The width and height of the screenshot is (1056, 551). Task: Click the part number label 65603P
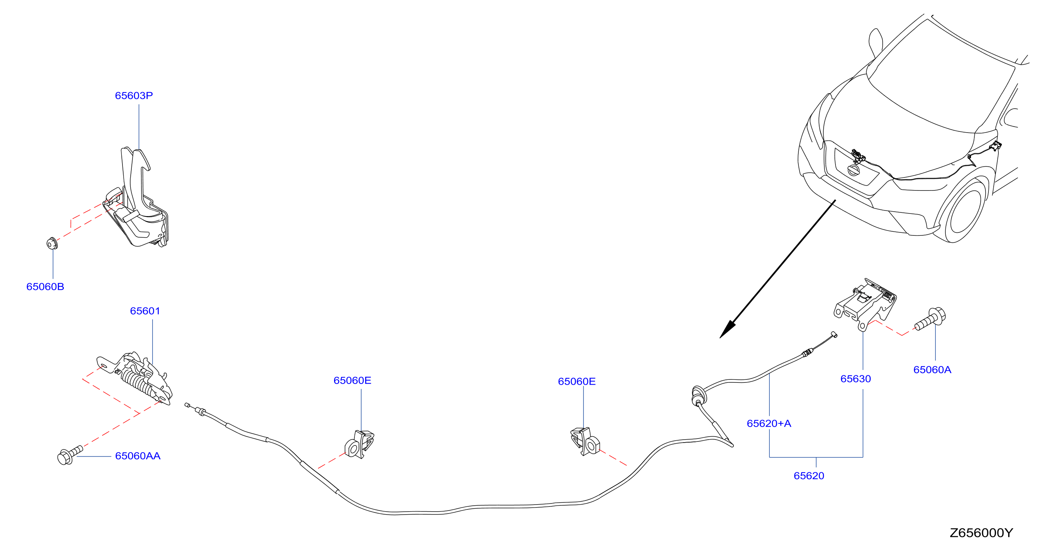tap(134, 95)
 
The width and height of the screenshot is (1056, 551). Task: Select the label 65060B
tap(45, 287)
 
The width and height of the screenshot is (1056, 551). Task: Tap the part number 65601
tap(145, 311)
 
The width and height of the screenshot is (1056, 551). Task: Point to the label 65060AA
tap(138, 456)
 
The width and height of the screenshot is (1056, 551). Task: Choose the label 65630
tap(856, 379)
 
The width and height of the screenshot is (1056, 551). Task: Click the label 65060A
tap(932, 370)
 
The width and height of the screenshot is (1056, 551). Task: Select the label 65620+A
tap(769, 424)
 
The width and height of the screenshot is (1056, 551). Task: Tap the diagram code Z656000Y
tap(981, 533)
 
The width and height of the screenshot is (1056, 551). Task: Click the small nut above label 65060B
tap(52, 244)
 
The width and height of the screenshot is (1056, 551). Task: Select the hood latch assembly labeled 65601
tap(135, 378)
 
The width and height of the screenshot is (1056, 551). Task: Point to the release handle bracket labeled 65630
tap(865, 304)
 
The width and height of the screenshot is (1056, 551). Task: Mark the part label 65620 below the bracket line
tap(809, 476)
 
